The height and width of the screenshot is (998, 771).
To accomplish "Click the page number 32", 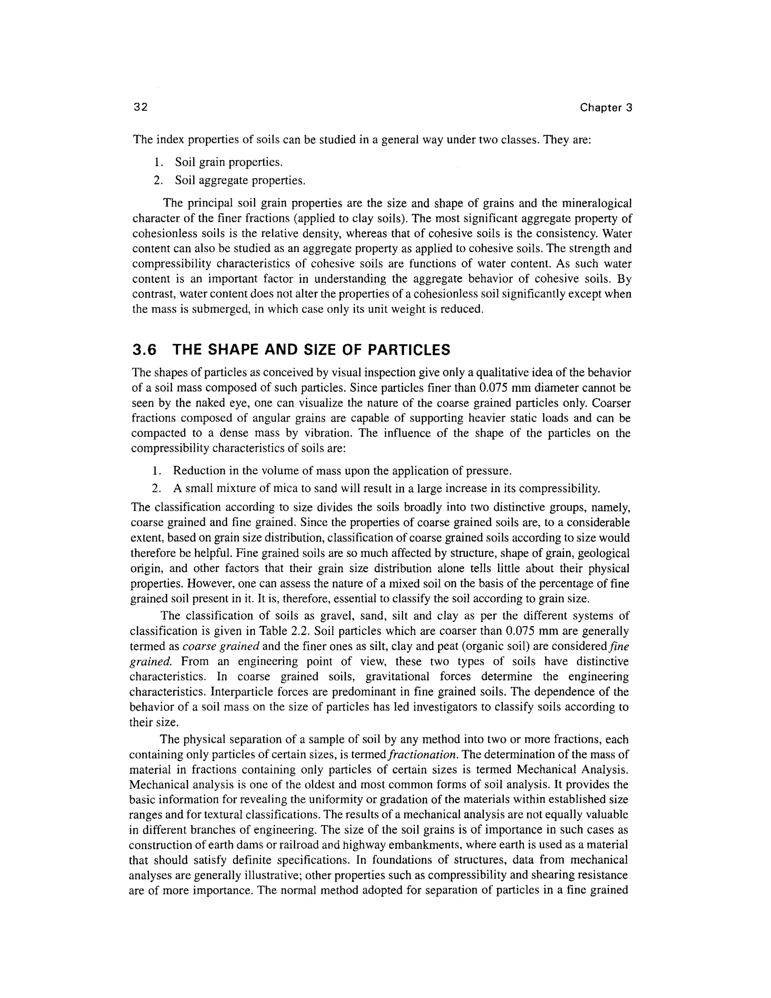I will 141,107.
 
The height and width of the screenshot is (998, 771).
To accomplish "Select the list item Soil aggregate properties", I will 240,180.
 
